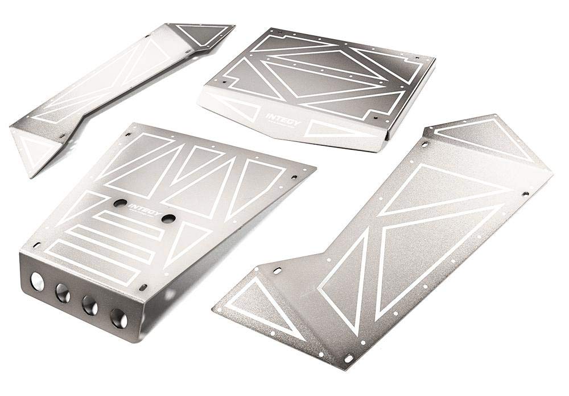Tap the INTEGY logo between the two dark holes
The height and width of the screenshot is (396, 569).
point(140,207)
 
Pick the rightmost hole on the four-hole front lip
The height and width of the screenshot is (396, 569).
point(118,316)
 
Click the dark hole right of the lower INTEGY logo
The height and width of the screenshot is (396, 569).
point(168,218)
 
